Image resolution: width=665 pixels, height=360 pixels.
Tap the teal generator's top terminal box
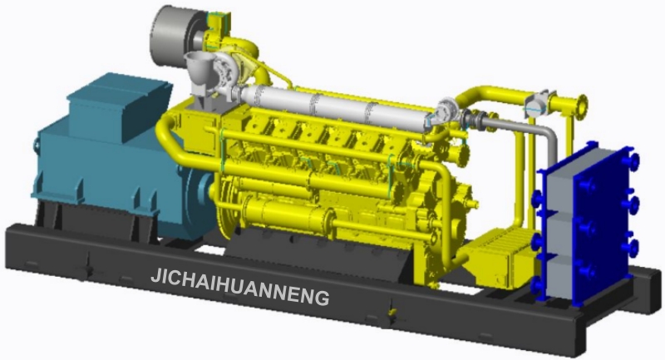click(x=119, y=106)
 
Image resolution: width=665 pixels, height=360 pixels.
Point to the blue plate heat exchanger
click(x=589, y=224)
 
